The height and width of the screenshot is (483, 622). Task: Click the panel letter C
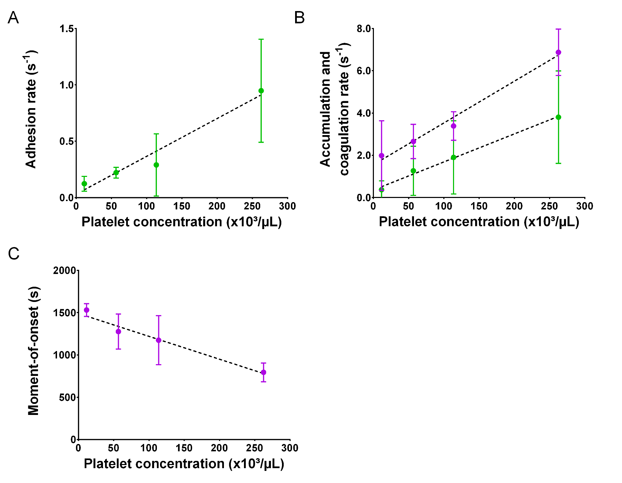tap(13, 254)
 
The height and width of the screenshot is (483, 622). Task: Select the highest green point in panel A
tap(261, 91)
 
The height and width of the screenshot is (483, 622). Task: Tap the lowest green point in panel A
tap(84, 184)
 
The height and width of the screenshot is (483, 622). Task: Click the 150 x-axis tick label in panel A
tap(181, 207)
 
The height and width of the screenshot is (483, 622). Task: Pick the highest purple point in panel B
tap(558, 53)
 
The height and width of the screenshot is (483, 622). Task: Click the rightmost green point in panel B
tap(558, 117)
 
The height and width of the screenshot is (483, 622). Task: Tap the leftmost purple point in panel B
tap(381, 155)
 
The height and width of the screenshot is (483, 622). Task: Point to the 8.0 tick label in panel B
tap(364, 29)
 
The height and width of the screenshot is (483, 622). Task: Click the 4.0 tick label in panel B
tap(364, 113)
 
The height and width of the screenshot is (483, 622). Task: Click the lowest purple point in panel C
tap(264, 372)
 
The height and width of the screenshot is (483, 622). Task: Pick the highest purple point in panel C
tap(86, 310)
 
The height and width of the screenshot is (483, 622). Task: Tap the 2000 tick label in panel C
tap(64, 271)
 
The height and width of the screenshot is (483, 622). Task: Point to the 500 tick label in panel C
tap(67, 397)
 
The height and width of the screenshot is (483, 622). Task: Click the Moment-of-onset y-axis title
tap(34, 351)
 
